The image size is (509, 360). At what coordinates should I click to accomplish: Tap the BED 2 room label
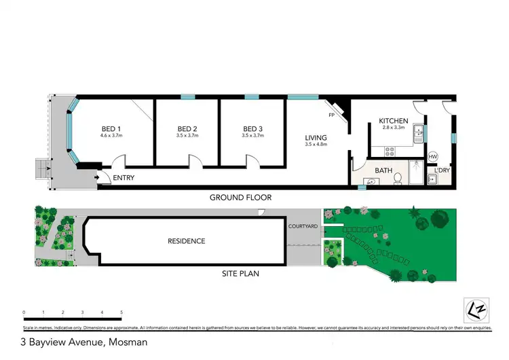tap(187, 129)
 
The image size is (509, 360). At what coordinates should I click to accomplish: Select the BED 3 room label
tap(252, 129)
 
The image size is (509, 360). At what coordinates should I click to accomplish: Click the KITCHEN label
tap(394, 121)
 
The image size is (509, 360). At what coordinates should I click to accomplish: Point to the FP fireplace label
tap(332, 115)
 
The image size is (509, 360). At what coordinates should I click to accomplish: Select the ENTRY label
tap(124, 178)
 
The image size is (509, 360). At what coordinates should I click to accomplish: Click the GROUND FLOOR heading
tap(240, 198)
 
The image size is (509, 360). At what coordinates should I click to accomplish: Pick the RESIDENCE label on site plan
tap(186, 241)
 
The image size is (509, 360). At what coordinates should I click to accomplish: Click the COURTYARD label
tap(303, 226)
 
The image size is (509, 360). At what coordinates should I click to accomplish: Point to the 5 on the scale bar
tap(121, 312)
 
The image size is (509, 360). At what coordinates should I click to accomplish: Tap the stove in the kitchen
tap(390, 150)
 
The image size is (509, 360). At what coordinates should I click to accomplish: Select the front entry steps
tap(42, 170)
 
